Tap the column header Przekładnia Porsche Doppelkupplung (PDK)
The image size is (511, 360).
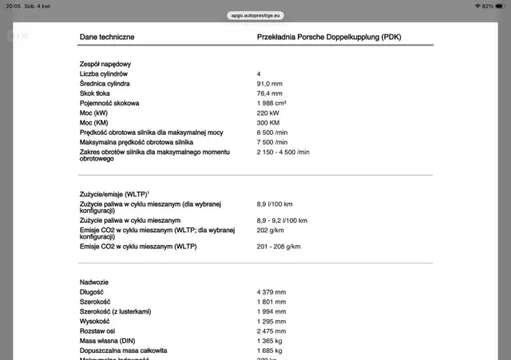[x=330, y=37]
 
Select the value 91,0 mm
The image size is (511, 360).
[x=270, y=83]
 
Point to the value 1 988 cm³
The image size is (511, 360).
[x=271, y=103]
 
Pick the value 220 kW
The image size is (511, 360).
[x=268, y=113]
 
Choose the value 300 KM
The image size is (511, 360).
[x=269, y=122]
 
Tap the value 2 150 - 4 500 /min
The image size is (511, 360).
[x=283, y=151]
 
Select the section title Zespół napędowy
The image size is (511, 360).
[x=105, y=64]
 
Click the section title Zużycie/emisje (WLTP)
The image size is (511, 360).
[x=113, y=194]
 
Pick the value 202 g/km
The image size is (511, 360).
[x=270, y=229]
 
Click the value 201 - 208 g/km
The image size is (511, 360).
[x=278, y=247]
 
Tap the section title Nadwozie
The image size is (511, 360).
[x=94, y=283]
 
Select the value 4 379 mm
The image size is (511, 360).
[x=271, y=292]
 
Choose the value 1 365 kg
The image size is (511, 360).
[x=270, y=340]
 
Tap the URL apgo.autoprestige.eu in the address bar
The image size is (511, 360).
[x=255, y=15]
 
